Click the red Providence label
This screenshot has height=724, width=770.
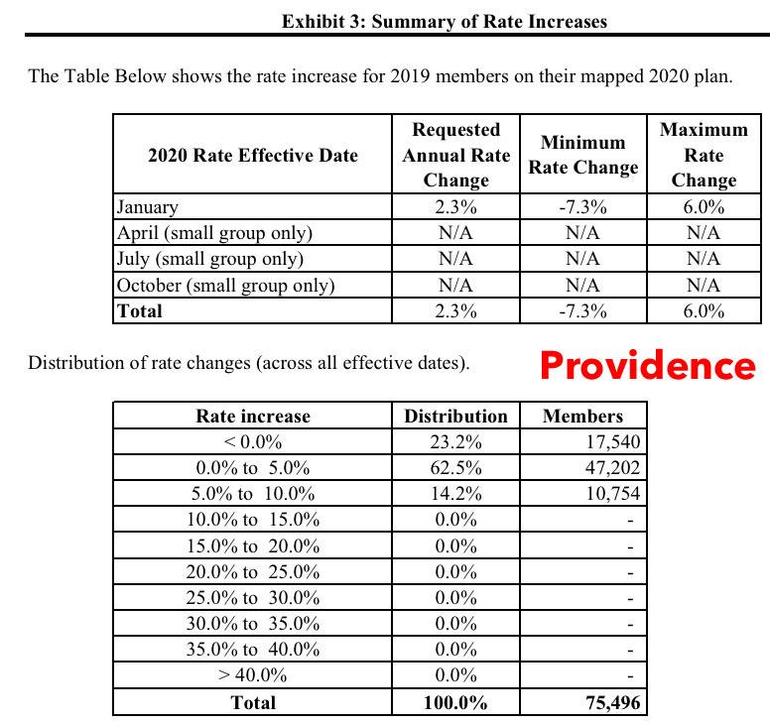648,366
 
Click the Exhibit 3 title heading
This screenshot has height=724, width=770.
444,21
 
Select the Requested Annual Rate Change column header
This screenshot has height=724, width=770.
455,155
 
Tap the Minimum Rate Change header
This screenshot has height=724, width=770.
582,155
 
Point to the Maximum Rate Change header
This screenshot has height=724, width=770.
704,155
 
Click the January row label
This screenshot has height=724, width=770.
148,207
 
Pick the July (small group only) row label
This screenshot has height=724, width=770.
210,259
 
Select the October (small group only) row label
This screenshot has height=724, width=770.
226,285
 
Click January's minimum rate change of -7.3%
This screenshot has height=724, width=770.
582,207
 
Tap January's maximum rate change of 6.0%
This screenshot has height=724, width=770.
704,207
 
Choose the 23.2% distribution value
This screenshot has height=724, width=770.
455,442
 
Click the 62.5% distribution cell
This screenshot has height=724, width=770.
455,468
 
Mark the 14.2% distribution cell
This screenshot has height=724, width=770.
455,494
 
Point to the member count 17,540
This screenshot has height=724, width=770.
613,442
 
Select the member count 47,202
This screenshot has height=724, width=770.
613,468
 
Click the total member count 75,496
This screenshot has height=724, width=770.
613,703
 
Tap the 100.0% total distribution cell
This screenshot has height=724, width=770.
455,703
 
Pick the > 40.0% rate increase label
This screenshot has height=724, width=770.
253,676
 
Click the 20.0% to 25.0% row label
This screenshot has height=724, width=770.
253,572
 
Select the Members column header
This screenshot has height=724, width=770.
583,417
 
